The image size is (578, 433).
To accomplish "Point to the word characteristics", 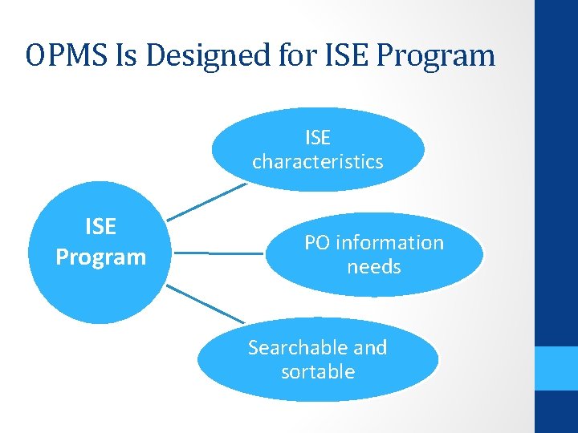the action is point(318,161).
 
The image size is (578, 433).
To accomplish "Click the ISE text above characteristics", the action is point(318,137).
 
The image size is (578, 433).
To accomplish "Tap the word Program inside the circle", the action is point(100,257).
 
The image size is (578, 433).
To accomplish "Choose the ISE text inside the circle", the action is point(100,227).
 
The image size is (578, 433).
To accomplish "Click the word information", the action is point(389,242).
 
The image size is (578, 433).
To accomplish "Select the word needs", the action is point(374,266).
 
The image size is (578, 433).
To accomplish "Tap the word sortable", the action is point(318,371).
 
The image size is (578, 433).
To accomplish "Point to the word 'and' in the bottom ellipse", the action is point(370,347).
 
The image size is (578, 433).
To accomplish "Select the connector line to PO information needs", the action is point(218,253).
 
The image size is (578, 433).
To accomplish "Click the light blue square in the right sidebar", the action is point(556,368).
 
